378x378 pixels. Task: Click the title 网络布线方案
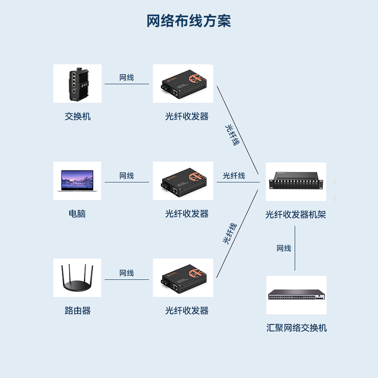coord(189,21)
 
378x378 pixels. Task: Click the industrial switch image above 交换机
coord(77,84)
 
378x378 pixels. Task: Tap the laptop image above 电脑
coord(77,180)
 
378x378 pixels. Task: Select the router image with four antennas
coord(77,278)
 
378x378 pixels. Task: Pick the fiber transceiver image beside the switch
coord(183,84)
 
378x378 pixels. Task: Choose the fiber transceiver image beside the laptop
coord(183,180)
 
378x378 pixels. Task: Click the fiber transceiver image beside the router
coord(183,278)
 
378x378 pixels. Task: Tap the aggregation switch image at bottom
coord(296,295)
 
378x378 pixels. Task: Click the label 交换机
coord(77,116)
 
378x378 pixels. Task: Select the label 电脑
coord(77,214)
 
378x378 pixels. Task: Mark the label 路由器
coord(77,310)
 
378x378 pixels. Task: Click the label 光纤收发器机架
coord(296,215)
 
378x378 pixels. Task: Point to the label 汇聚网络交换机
coord(296,328)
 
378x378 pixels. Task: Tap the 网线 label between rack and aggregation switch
coord(284,249)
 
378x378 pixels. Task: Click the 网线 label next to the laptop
coord(127,176)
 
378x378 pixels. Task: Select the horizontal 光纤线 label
coord(234,176)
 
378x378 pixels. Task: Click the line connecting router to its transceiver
coord(127,279)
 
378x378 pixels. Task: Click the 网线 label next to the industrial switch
coord(127,77)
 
